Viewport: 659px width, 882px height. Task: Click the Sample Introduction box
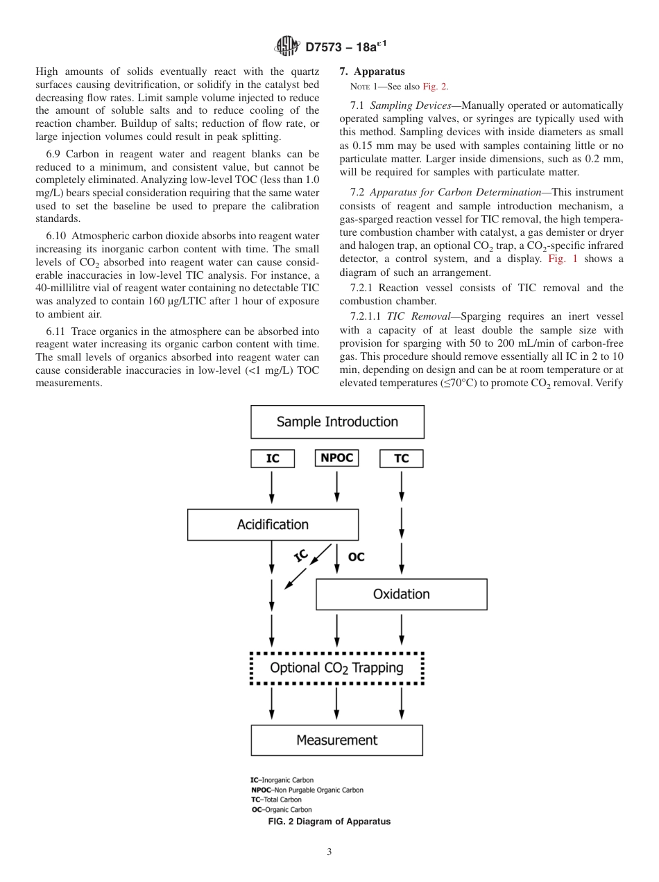[337, 422]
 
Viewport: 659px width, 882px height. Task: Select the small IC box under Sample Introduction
[272, 458]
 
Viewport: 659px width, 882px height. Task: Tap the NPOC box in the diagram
[336, 458]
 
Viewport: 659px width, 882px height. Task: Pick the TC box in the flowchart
[401, 458]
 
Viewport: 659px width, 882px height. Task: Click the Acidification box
[273, 525]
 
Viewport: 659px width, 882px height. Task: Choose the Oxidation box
[401, 594]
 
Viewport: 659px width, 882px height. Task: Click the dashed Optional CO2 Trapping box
[336, 668]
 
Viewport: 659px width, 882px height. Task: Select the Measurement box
[336, 740]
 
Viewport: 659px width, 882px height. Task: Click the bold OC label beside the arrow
[356, 557]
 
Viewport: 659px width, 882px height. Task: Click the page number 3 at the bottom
[329, 851]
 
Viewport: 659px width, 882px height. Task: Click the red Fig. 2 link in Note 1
[435, 87]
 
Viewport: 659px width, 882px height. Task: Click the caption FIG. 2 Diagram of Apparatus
[329, 822]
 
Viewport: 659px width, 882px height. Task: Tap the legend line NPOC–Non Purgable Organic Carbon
[307, 790]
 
